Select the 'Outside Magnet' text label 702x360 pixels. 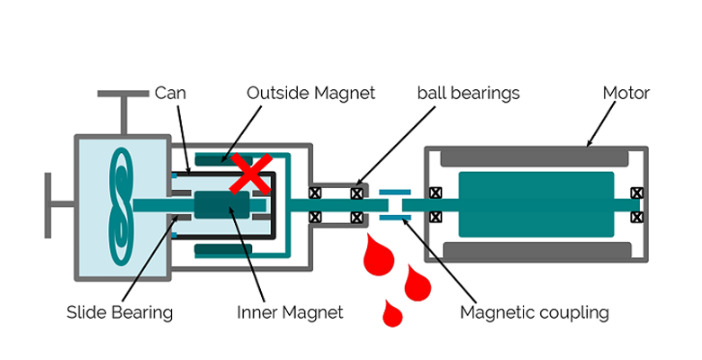point(310,93)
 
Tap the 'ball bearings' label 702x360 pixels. point(468,93)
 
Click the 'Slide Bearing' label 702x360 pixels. point(120,312)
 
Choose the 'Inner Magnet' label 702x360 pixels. point(290,312)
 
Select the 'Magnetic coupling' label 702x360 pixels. point(534,312)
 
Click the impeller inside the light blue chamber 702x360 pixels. point(120,205)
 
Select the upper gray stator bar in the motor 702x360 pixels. point(534,158)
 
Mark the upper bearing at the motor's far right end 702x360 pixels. point(637,193)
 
